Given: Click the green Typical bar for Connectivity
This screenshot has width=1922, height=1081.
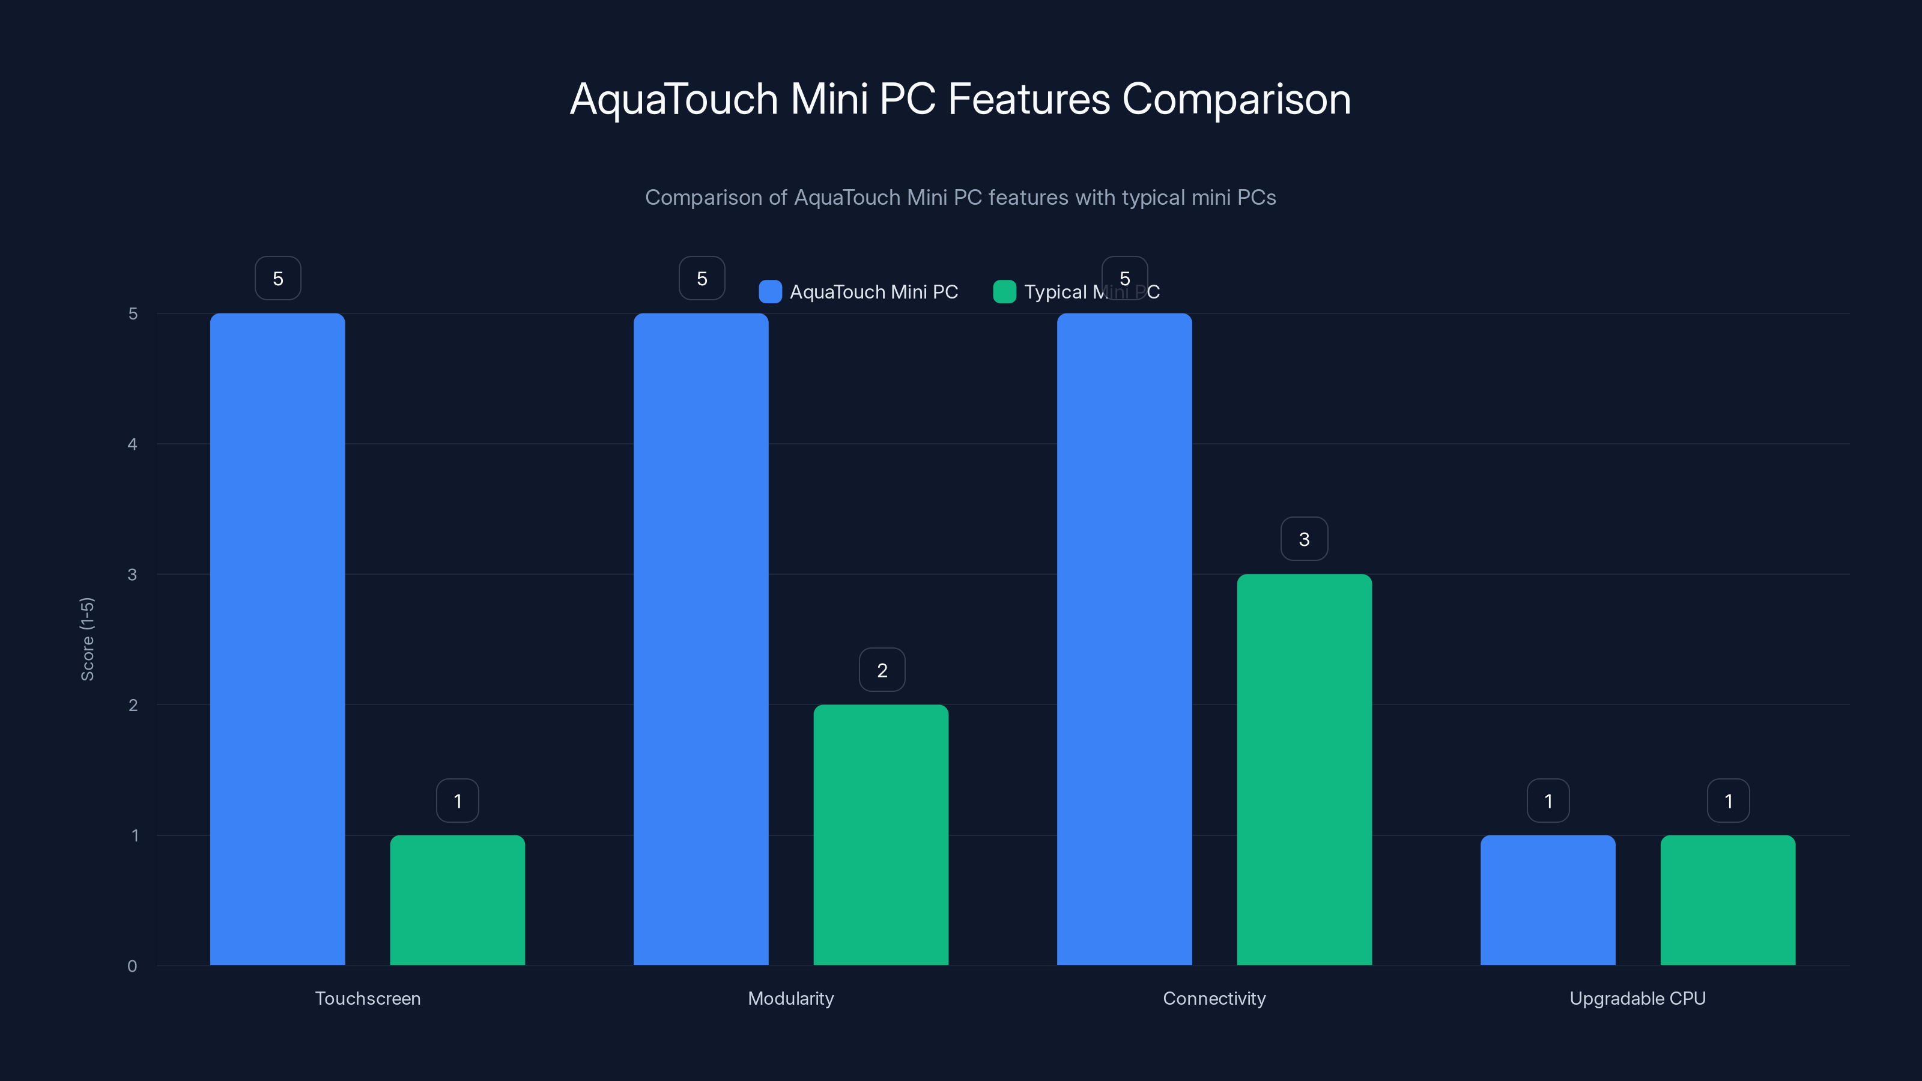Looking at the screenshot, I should [x=1304, y=769].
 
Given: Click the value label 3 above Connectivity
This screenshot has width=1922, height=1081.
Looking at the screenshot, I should [x=1304, y=539].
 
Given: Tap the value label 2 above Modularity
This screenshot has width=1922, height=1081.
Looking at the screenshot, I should [x=882, y=670].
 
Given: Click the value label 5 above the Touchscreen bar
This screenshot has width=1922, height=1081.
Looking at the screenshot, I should [x=277, y=278].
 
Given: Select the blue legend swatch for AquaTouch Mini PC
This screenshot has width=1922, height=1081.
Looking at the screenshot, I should [x=770, y=292].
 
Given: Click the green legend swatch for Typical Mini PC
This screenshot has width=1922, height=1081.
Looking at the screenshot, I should [x=1004, y=292].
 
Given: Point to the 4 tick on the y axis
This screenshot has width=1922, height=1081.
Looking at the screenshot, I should [x=132, y=444].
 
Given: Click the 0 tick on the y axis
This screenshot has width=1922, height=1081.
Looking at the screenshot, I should [x=132, y=966].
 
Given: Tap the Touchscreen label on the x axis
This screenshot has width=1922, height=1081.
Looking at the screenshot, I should [x=368, y=998].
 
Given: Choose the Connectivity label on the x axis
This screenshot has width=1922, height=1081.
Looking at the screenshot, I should [x=1214, y=998].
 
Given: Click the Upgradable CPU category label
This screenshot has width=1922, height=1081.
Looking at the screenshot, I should [x=1638, y=998].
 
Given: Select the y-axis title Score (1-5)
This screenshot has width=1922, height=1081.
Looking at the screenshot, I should [x=87, y=638].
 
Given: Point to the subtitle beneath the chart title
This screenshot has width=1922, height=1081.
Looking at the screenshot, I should [x=960, y=198].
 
